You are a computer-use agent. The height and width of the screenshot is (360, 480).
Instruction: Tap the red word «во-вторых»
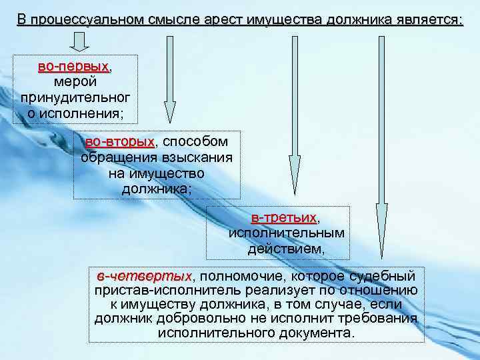point(119,142)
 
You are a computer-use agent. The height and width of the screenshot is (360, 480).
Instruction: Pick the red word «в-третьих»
point(283,218)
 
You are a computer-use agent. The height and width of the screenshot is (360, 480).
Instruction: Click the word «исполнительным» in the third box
point(287,233)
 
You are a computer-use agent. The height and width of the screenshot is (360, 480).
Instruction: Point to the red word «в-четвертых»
point(143,276)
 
